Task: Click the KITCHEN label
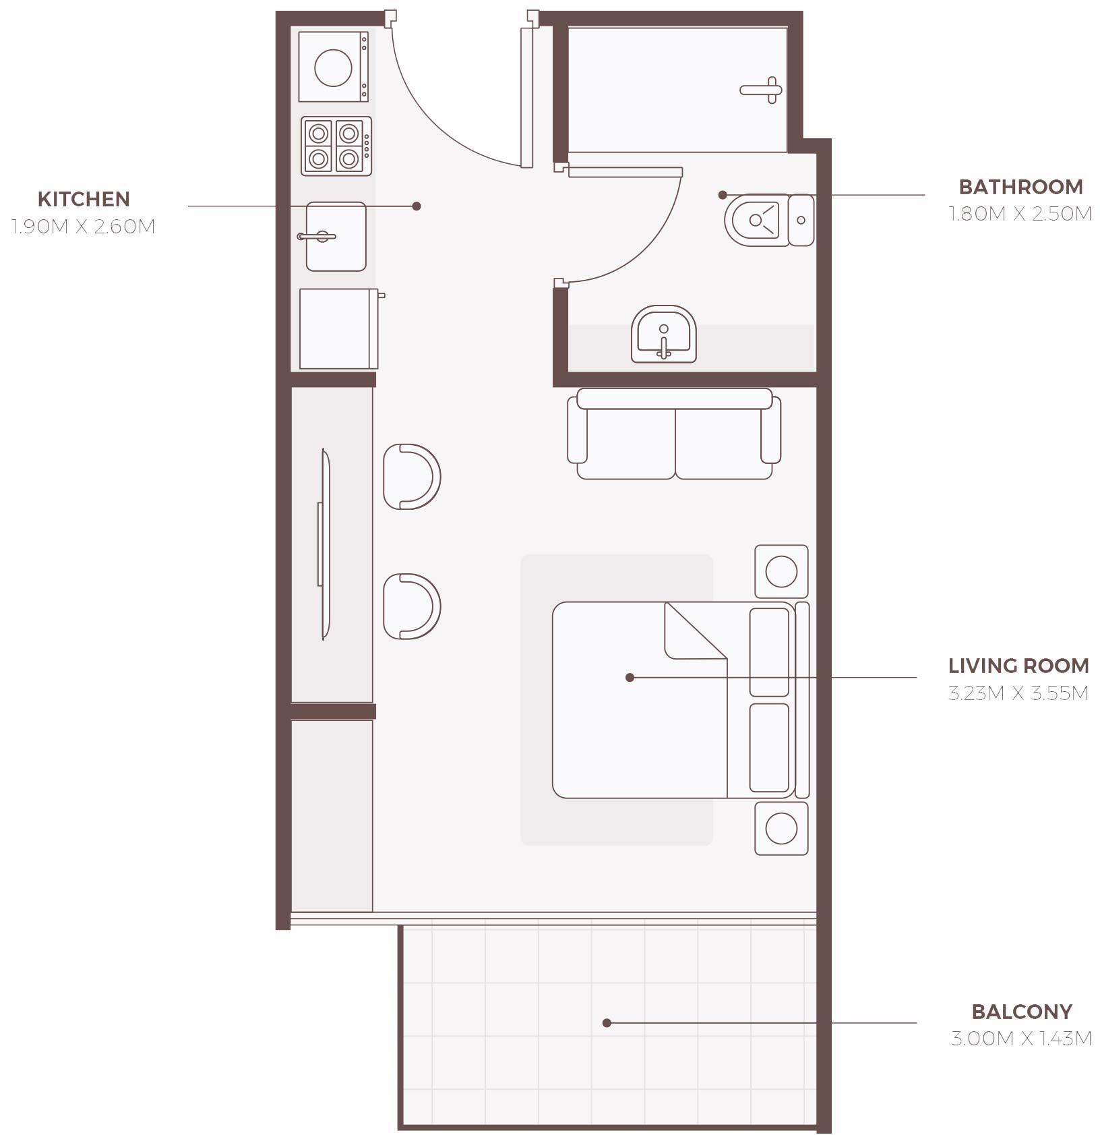(x=84, y=199)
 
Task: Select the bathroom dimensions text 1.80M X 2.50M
(x=1020, y=214)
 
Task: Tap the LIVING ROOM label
(x=1018, y=666)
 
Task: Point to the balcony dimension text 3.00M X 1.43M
(x=1020, y=1038)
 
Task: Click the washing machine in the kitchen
(x=334, y=67)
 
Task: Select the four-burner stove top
(x=336, y=146)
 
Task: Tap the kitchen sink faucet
(x=317, y=237)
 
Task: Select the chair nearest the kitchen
(x=410, y=476)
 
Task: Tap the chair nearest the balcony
(x=410, y=606)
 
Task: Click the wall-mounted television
(x=324, y=544)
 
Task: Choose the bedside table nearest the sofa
(x=781, y=571)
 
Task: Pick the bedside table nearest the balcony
(x=781, y=828)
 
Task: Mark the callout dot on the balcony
(x=607, y=1023)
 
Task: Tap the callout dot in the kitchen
(x=417, y=206)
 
